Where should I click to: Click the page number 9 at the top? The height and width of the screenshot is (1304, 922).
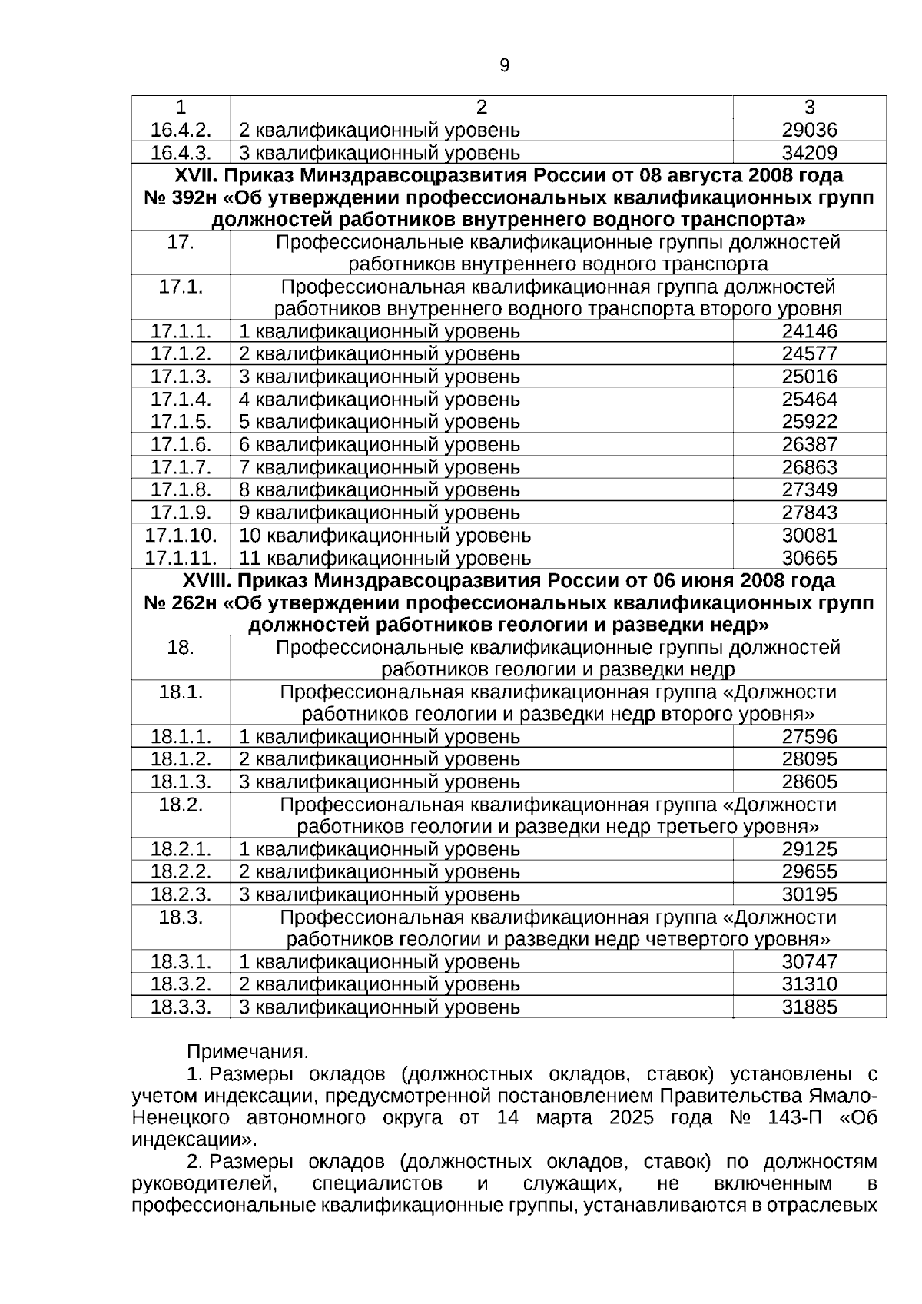(504, 66)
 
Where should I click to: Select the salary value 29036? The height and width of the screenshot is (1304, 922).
(809, 131)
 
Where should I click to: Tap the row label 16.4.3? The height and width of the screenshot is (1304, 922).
(181, 153)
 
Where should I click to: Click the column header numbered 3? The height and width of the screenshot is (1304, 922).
(809, 108)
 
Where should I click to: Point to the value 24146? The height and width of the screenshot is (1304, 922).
(809, 332)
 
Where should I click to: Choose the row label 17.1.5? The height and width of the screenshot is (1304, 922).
(181, 422)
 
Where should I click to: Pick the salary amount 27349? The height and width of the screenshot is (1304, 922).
(809, 489)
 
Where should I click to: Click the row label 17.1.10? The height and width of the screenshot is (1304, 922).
(181, 535)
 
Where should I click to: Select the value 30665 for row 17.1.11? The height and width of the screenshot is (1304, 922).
(809, 558)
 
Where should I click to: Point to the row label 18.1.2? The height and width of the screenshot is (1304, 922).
(181, 759)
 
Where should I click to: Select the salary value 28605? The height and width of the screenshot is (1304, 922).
(809, 782)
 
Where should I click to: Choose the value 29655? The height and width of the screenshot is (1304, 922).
(809, 872)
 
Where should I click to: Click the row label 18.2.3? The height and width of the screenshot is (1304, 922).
(181, 894)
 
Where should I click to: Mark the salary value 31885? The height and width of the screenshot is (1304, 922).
(809, 1007)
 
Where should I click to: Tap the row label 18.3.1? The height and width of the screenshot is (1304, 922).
(181, 962)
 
